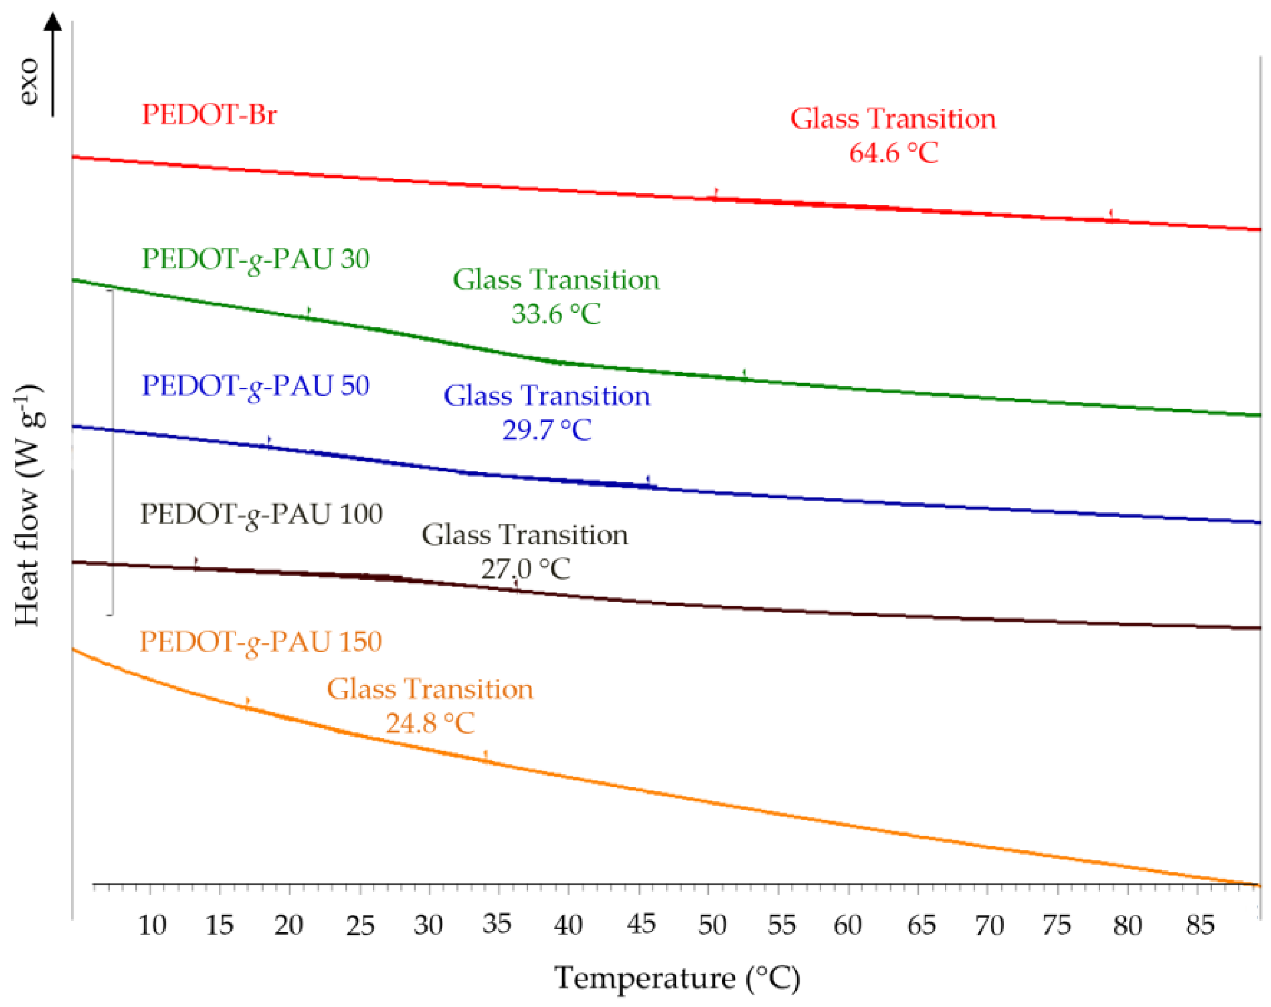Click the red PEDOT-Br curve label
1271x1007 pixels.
tap(209, 115)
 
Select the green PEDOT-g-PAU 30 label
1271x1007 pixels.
tap(256, 259)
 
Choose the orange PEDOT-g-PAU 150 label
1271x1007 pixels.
tap(260, 642)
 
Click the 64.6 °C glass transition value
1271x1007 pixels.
tap(893, 153)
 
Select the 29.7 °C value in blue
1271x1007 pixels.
tap(547, 430)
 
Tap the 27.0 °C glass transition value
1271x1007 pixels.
tap(525, 569)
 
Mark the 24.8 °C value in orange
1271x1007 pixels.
tap(430, 723)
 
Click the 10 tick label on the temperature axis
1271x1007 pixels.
tap(151, 926)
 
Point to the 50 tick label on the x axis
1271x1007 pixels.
tap(712, 926)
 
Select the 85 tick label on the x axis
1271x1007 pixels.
tap(1200, 926)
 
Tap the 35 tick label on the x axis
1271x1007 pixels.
tap(497, 924)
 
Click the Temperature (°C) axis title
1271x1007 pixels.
tap(677, 979)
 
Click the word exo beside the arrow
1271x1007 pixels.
tap(28, 81)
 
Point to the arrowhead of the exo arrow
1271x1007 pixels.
tap(53, 21)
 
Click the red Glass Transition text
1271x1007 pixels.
tap(893, 119)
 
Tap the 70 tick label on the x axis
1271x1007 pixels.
tap(989, 926)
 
